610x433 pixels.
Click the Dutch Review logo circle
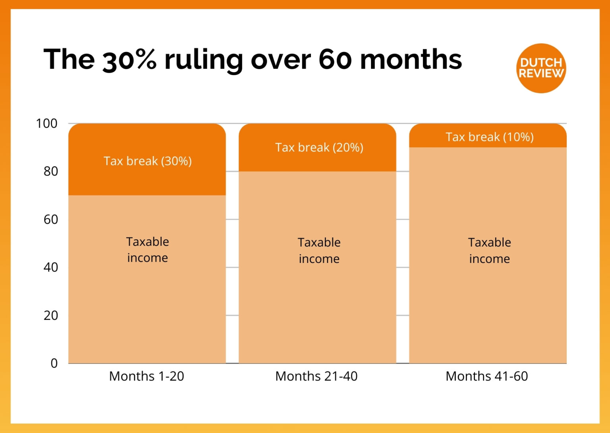coord(541,68)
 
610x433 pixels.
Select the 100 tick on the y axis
coord(47,124)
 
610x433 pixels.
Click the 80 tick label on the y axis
coord(50,171)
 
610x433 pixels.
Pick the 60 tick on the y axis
coord(50,219)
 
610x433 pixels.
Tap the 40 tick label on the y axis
coord(50,267)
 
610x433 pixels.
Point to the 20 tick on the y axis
coord(50,315)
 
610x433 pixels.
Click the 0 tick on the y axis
coord(54,363)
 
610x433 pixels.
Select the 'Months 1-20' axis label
coord(147,376)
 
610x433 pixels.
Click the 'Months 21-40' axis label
coord(317,376)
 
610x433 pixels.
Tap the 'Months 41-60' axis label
coord(487,376)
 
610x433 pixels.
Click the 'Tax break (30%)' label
coord(147,161)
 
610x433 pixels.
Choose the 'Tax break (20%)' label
coord(319,147)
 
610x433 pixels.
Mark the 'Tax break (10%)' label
coord(489,137)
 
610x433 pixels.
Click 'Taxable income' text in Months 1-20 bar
coord(147,249)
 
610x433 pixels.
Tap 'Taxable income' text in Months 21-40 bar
coord(319,250)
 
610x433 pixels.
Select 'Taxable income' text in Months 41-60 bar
coord(489,250)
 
